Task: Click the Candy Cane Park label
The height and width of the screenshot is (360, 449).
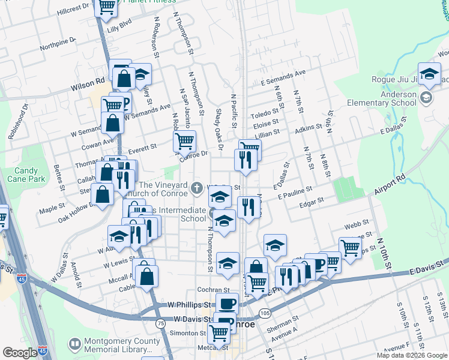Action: [22, 175]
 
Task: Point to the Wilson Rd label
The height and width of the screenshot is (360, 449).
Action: [88, 86]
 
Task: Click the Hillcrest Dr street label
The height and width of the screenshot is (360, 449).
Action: [73, 9]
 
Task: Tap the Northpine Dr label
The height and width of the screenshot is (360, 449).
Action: [58, 44]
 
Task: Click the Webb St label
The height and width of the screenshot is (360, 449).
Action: [357, 224]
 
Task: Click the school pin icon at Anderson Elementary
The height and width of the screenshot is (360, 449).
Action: [426, 98]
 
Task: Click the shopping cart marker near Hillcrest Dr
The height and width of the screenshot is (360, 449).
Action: [107, 7]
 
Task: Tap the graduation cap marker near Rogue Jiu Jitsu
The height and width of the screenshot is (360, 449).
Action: [429, 74]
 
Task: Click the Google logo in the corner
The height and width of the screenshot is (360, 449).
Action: [20, 353]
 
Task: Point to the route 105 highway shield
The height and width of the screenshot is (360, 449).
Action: [265, 313]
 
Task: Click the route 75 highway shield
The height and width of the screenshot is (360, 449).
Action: [160, 323]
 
